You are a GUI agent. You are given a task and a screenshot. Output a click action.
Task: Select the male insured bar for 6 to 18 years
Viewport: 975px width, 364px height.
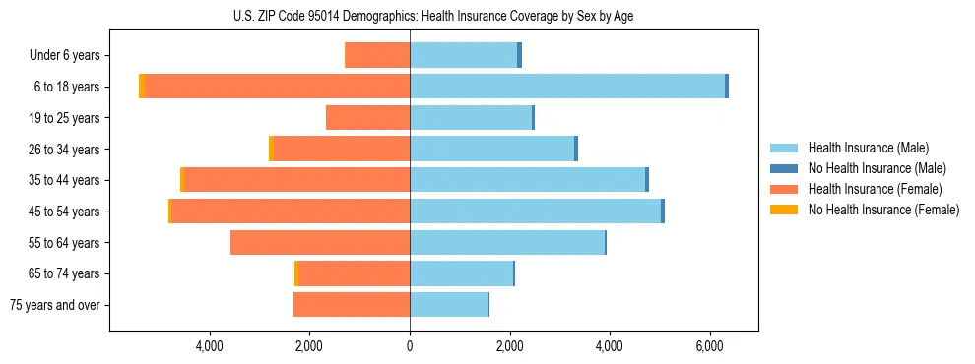(567, 87)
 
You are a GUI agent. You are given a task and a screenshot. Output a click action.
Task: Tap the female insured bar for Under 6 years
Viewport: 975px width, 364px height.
(378, 56)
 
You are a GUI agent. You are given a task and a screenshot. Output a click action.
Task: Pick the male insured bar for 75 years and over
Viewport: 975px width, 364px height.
(449, 305)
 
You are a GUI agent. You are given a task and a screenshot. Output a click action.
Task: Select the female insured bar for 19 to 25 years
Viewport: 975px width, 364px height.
(368, 118)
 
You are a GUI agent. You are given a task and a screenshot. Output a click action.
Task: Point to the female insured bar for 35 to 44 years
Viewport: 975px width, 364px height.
(296, 180)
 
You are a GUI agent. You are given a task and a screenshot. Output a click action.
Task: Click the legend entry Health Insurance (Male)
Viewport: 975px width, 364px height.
(868, 148)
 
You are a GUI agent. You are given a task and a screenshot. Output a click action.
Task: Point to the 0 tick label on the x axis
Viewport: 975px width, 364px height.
(410, 346)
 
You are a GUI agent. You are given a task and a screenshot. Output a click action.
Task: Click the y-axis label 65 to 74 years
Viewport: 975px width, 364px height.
(65, 273)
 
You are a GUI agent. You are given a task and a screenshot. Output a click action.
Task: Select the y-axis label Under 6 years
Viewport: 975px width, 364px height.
(64, 56)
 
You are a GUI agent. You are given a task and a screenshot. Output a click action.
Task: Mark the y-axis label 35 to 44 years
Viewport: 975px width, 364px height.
(65, 180)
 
